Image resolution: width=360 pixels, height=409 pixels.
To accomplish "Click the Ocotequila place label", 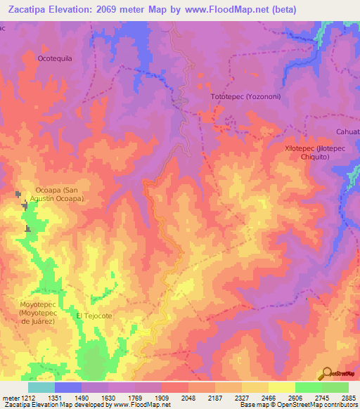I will coord(55,58).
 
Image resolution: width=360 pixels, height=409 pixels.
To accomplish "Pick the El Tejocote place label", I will coord(94,316).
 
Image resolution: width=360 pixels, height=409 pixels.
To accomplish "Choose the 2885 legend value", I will coord(348,397).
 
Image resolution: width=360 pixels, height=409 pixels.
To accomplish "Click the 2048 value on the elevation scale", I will coord(188,397).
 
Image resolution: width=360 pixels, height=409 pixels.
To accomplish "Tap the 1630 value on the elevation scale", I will coord(108,397).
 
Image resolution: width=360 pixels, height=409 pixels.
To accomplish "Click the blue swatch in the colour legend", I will coord(67,387).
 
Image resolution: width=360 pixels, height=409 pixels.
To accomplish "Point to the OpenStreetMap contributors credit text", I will coord(323,405).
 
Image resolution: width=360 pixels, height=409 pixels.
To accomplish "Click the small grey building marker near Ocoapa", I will coord(18,193).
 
